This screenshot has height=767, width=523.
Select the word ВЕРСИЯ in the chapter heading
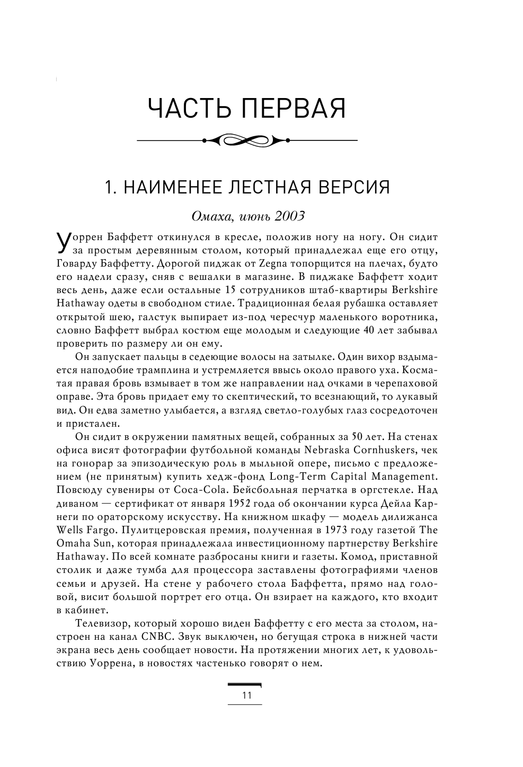tap(351, 188)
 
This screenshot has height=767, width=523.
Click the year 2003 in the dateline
tap(288, 216)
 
